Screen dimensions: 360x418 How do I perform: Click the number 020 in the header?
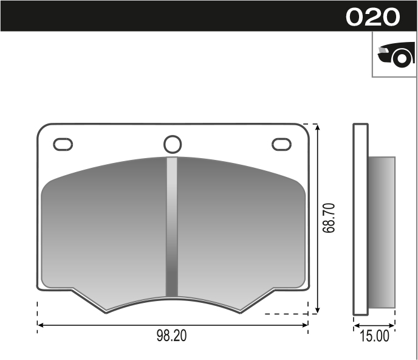point(373,16)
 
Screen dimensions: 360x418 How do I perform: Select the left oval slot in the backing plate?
point(63,144)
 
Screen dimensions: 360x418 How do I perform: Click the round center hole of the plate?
point(173,144)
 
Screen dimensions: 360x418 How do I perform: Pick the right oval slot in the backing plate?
point(281,144)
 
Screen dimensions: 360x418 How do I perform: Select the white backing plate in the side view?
point(361,219)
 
